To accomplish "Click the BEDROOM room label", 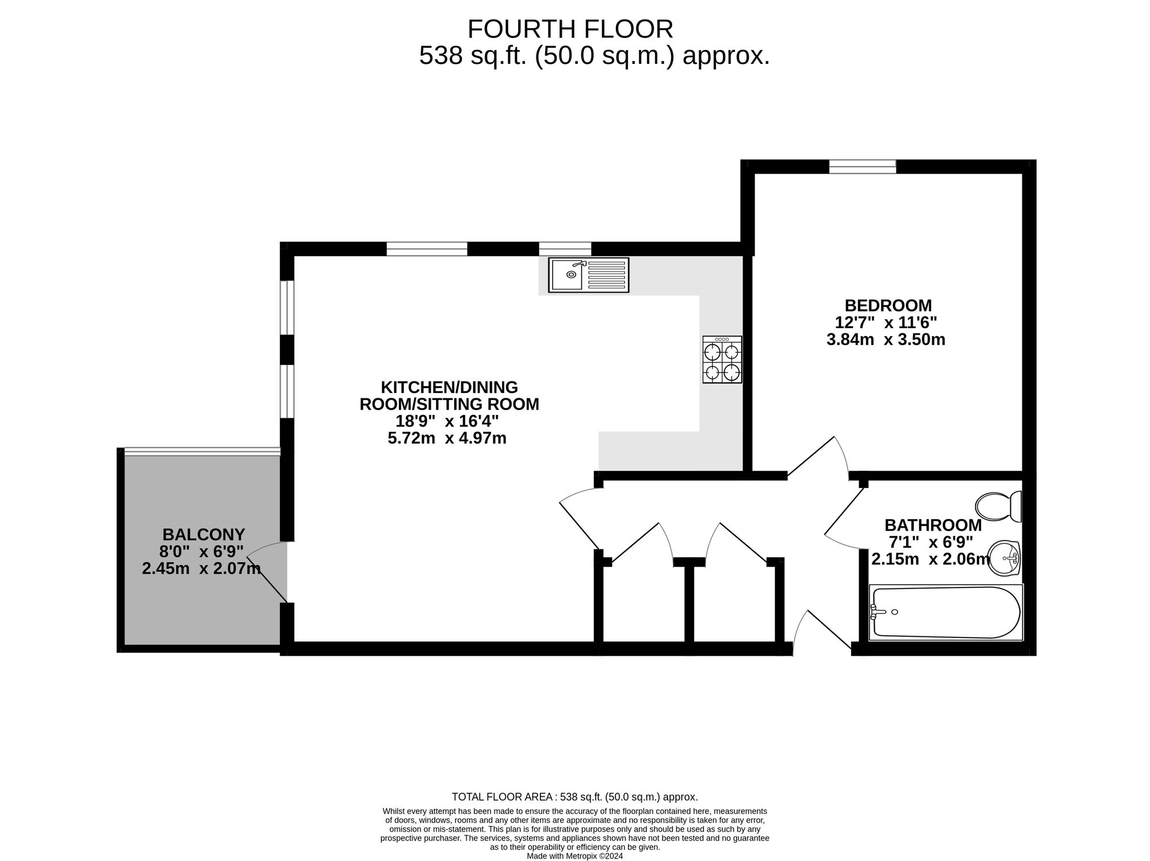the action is coord(888,305).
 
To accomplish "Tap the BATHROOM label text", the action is coord(933,525).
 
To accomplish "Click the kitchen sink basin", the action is coord(567,275).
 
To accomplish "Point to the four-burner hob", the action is coord(722,360).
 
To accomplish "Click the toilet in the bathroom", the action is coord(999,506).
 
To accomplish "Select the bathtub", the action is coord(946,613).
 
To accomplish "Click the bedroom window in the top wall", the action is coord(862,167).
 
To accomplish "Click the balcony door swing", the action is coord(264,569).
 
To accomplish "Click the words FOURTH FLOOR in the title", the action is coord(570,29).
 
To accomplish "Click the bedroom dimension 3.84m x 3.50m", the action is coord(886,340).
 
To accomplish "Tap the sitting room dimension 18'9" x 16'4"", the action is coord(447,421).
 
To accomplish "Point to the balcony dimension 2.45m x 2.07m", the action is coord(201,569).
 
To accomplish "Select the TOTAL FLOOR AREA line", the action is coord(575,797).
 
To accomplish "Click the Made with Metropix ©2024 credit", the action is coord(575,856).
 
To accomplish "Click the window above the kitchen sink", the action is coord(565,249).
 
